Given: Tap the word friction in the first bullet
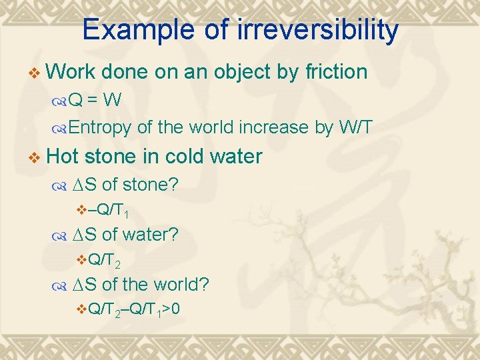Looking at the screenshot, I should [x=331, y=72].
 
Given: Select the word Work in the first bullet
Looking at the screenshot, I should [x=73, y=72].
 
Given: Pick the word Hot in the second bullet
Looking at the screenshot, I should [x=63, y=157].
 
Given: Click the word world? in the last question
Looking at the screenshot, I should [x=181, y=285].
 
